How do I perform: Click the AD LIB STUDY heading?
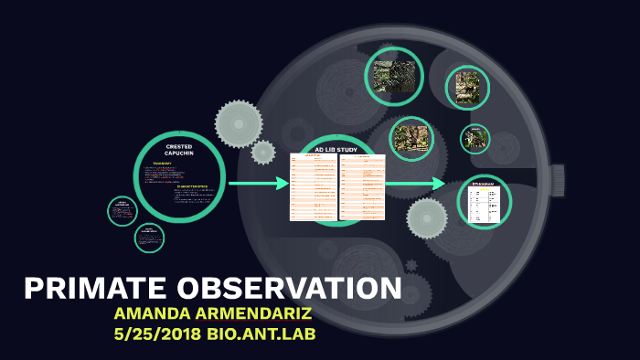click(x=336, y=149)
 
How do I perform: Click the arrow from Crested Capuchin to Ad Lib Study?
click(x=258, y=184)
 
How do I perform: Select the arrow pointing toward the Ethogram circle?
click(x=415, y=184)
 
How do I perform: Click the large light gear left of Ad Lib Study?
click(x=239, y=123)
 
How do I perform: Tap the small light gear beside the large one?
click(x=263, y=152)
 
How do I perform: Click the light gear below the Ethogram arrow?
click(x=427, y=218)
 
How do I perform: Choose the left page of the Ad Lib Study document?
click(x=313, y=187)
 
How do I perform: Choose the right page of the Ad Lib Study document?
click(x=363, y=187)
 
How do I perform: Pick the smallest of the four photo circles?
click(x=475, y=139)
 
